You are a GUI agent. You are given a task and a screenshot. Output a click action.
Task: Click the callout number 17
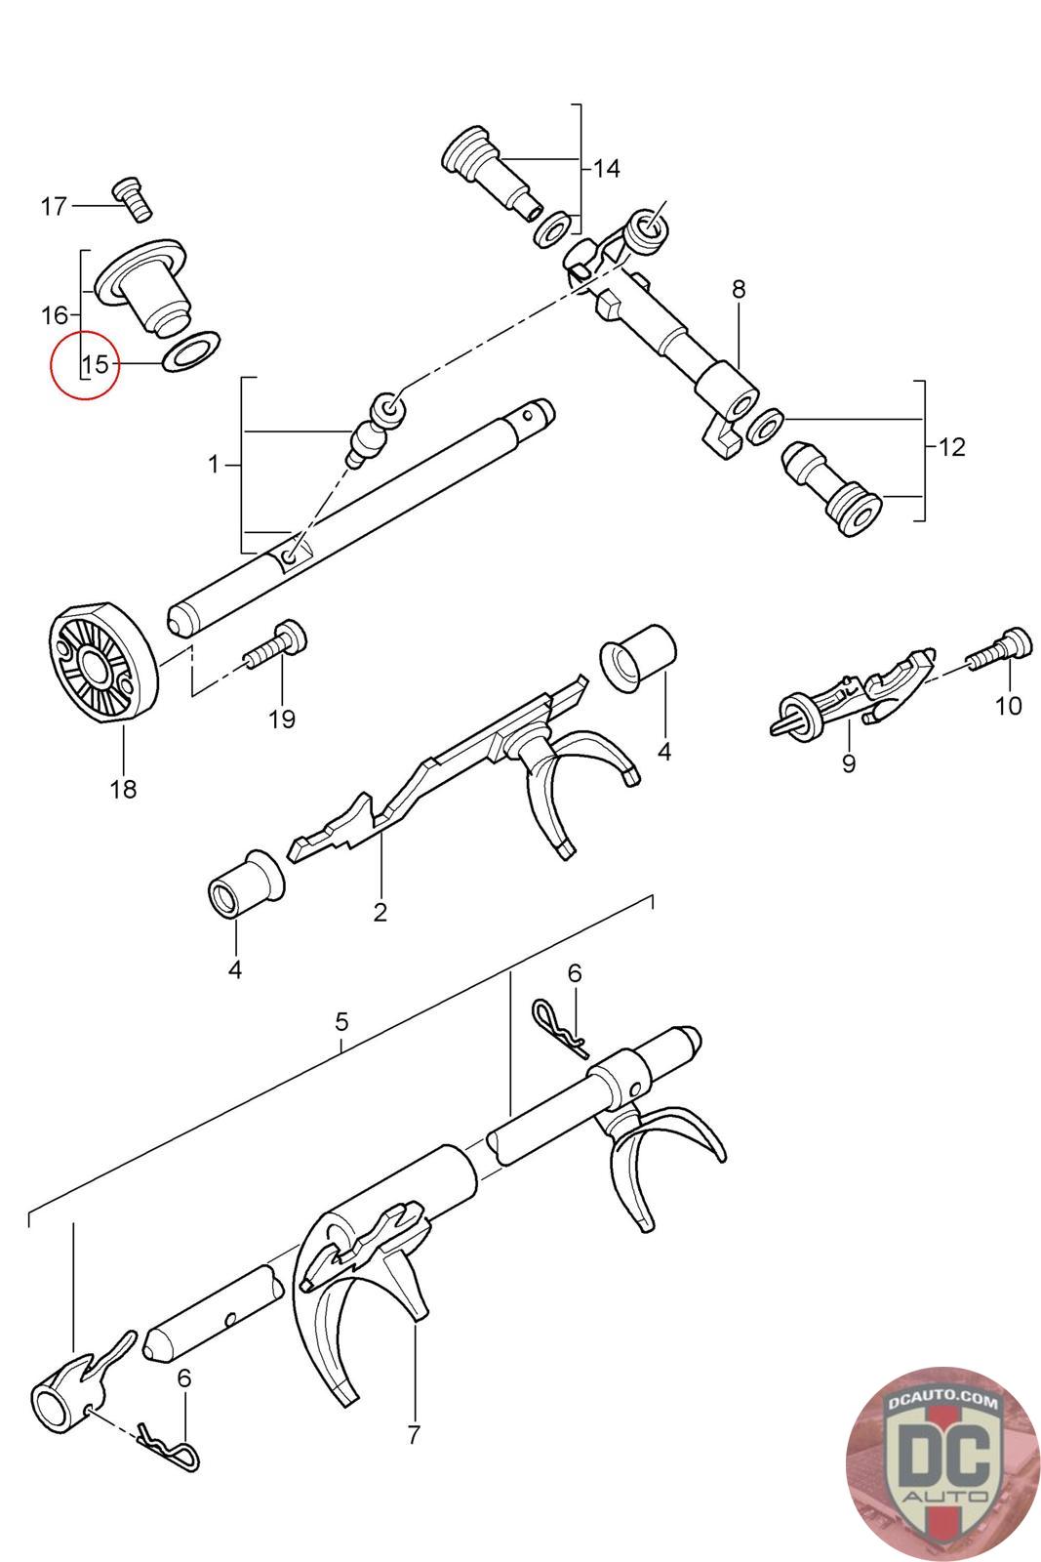click(54, 206)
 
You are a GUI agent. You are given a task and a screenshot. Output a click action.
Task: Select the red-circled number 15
click(96, 364)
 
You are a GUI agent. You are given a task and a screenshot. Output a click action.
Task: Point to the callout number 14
click(606, 169)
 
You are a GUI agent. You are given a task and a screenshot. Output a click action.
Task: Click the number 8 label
click(738, 289)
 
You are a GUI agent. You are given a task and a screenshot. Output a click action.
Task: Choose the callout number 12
click(951, 447)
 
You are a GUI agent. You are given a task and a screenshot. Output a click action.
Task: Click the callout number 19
click(282, 719)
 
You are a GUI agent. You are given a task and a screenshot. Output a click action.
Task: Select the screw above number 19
click(278, 644)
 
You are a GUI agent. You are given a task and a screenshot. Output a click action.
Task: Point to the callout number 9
click(848, 762)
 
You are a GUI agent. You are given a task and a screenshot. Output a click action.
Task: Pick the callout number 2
click(380, 912)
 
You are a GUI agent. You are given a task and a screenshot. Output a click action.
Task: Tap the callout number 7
click(413, 1434)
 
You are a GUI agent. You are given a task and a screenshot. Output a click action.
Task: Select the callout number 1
click(214, 465)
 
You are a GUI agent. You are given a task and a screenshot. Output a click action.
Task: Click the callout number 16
click(55, 315)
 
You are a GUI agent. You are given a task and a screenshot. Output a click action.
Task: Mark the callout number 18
click(124, 788)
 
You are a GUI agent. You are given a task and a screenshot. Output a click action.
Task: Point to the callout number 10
click(1009, 704)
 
